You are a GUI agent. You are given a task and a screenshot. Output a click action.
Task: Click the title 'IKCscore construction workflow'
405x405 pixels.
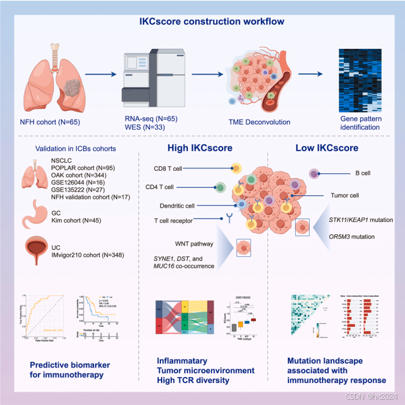coord(202,23)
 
